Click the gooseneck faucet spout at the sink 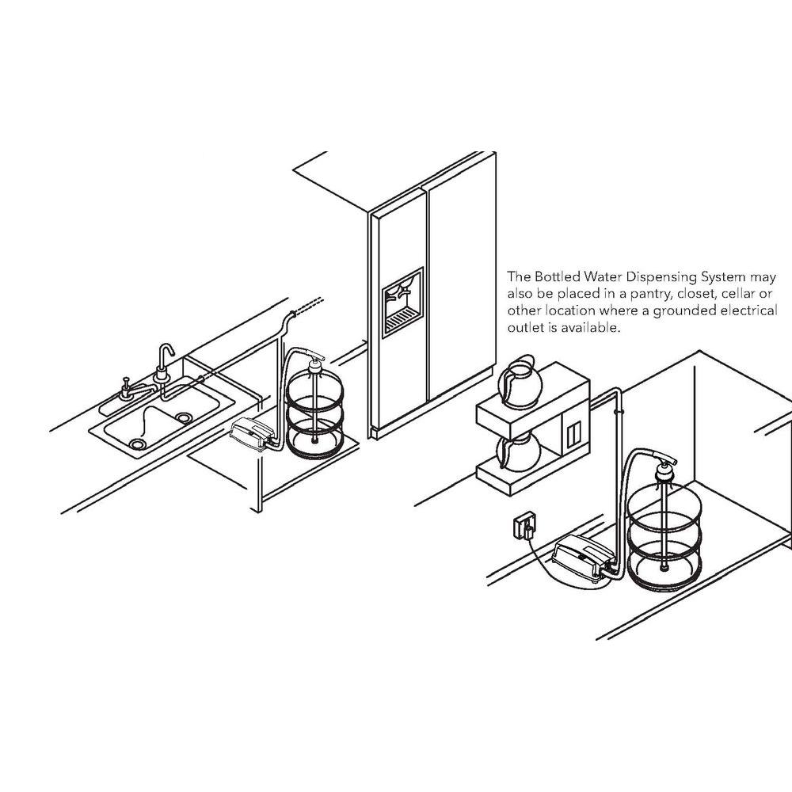165,352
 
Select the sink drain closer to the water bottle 185,417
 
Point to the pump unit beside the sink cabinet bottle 251,433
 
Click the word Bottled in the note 563,277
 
